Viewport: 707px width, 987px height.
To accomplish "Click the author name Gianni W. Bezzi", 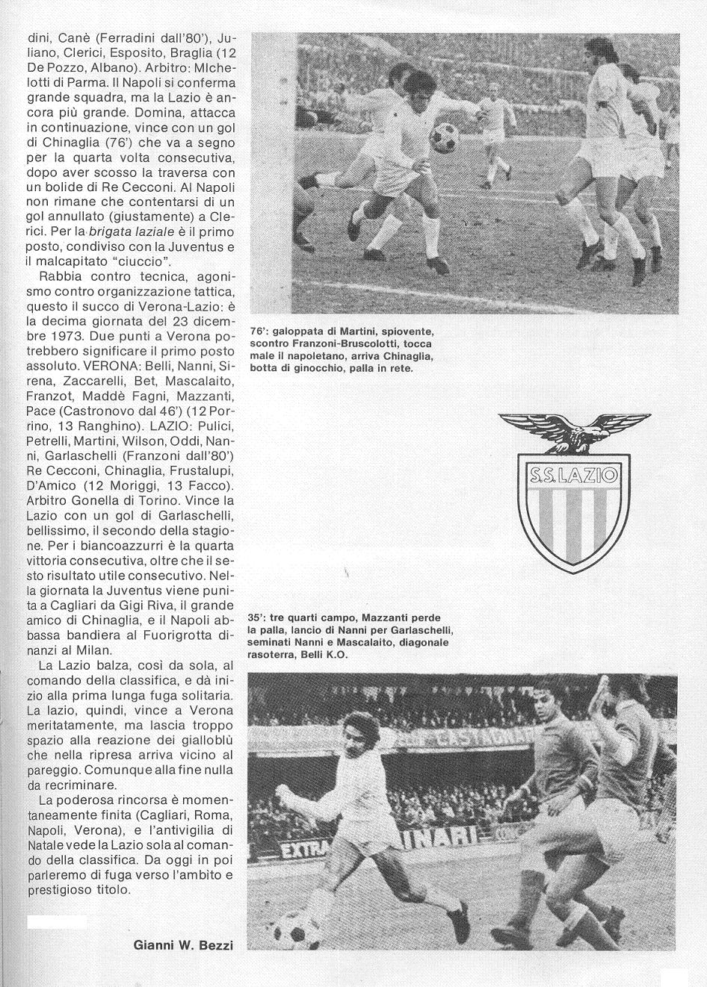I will click(x=183, y=945).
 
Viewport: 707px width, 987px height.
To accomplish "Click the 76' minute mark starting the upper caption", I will click(x=259, y=331).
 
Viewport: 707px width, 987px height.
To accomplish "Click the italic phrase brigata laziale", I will click(x=122, y=232).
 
